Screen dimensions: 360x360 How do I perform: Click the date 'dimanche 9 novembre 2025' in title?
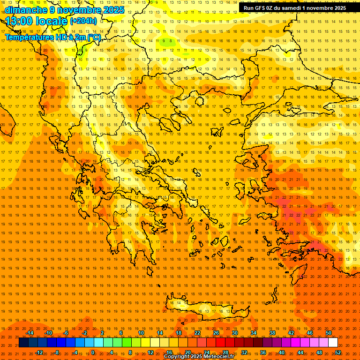[65, 10]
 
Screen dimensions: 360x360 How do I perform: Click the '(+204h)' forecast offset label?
[83, 21]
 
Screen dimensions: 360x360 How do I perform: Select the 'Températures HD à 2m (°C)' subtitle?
[52, 37]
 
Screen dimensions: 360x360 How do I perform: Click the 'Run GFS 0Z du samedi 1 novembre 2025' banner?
[295, 7]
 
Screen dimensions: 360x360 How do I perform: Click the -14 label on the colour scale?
[30, 333]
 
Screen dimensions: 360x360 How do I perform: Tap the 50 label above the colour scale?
[329, 333]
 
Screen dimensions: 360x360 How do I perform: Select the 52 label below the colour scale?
[338, 352]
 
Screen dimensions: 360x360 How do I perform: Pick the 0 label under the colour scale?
[93, 352]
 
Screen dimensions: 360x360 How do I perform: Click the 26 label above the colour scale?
[216, 333]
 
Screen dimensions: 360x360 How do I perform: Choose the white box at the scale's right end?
[333, 343]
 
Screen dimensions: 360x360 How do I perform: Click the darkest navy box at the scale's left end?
[23, 343]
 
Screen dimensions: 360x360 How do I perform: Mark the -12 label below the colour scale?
[39, 352]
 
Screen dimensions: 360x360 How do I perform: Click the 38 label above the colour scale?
[272, 333]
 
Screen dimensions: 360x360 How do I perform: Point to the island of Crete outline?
[206, 307]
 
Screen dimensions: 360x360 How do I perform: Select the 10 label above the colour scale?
[141, 333]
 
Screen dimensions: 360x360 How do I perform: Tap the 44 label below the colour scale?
[300, 352]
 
